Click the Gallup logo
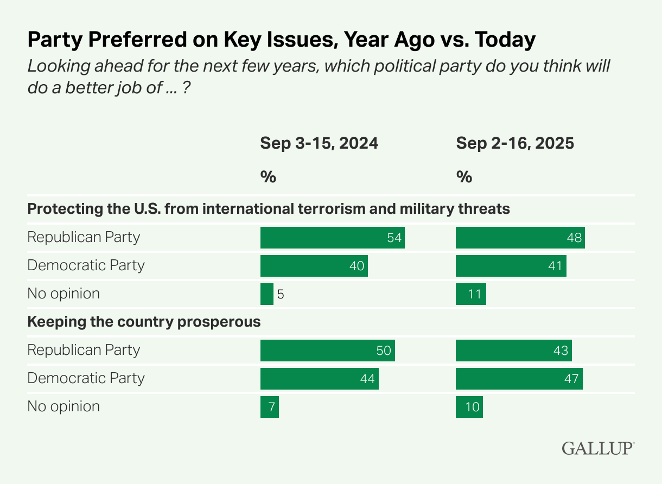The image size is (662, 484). click(x=597, y=448)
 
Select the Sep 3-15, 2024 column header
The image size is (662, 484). click(x=319, y=143)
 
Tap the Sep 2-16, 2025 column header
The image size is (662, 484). click(x=514, y=143)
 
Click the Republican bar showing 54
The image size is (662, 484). click(x=332, y=238)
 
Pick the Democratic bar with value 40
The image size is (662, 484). click(x=314, y=266)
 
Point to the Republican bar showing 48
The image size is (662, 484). click(x=520, y=238)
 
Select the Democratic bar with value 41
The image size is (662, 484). click(x=511, y=266)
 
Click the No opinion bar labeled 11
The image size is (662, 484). click(x=470, y=294)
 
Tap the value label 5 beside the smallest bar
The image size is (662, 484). click(x=281, y=294)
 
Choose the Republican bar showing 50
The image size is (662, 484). click(x=327, y=351)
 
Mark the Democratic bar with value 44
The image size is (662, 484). click(x=319, y=379)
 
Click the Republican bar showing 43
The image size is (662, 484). click(x=513, y=351)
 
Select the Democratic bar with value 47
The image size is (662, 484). click(x=519, y=379)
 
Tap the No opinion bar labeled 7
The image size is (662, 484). click(x=269, y=407)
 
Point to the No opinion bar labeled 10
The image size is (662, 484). click(x=469, y=407)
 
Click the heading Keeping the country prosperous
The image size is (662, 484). click(x=144, y=322)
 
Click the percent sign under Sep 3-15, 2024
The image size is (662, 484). click(x=268, y=177)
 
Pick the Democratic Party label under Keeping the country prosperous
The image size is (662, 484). click(x=86, y=378)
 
